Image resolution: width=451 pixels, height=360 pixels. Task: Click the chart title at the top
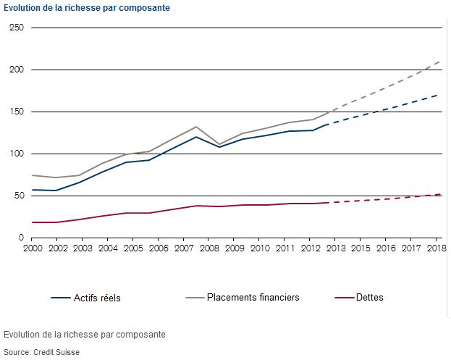point(87,8)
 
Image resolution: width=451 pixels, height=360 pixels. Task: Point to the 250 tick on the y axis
point(17,28)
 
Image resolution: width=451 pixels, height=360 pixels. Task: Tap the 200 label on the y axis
point(17,70)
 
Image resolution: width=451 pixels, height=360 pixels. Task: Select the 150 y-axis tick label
point(17,112)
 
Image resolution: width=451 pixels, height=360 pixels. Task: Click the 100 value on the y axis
point(17,154)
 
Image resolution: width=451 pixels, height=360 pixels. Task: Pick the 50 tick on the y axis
point(19,196)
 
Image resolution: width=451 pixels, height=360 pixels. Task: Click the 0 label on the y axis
point(21,238)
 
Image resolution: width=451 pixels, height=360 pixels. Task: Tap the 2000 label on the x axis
point(33,248)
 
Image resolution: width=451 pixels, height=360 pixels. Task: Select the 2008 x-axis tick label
point(209,248)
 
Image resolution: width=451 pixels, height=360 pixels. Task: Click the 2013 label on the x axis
point(336,248)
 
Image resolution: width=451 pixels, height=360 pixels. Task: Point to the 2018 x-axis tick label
point(437,248)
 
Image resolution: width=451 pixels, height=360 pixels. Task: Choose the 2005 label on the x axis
point(133,248)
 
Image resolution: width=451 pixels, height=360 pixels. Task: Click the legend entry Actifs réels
point(85,298)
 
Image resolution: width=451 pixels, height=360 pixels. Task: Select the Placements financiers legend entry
point(243,297)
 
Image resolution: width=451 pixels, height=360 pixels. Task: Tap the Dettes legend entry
point(359,297)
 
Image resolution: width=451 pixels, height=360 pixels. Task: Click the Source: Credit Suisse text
point(41,352)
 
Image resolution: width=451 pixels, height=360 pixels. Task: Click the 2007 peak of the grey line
point(196,127)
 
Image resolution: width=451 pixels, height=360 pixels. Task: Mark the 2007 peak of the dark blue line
point(196,137)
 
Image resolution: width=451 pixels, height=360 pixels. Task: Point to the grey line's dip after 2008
point(219,144)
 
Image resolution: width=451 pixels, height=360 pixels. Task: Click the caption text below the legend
point(85,335)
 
